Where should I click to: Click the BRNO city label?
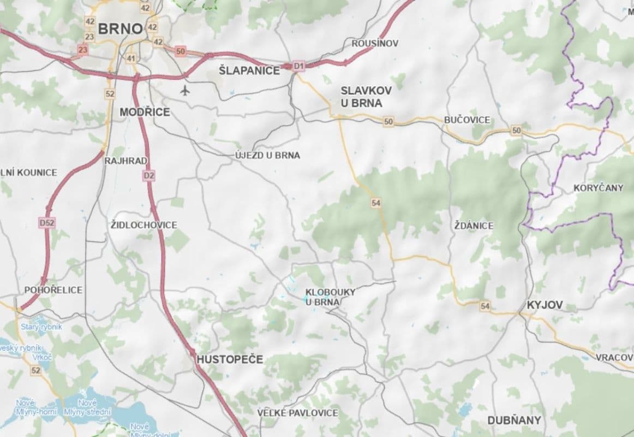tap(120, 28)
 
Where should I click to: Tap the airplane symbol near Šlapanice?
tap(186, 90)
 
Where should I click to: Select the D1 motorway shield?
tap(298, 66)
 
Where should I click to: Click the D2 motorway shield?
tap(149, 175)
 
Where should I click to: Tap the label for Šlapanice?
tap(249, 70)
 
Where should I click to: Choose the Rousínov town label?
tap(375, 43)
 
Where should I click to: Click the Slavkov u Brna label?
tap(361, 96)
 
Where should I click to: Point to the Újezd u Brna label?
tap(267, 155)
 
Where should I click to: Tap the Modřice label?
tap(145, 112)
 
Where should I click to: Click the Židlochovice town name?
tap(143, 225)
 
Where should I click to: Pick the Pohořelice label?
tap(53, 290)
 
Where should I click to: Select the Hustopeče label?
tap(229, 359)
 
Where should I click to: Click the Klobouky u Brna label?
tap(330, 297)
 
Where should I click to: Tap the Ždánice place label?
tap(474, 225)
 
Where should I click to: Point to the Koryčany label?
tap(598, 188)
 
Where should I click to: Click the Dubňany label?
tap(515, 420)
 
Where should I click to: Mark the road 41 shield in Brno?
tap(131, 58)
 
